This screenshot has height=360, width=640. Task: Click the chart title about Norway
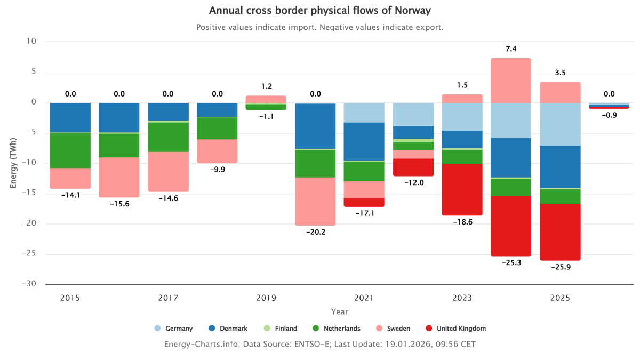(319, 11)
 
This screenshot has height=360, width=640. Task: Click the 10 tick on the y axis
(31, 41)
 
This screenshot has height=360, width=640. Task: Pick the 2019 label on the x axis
(266, 298)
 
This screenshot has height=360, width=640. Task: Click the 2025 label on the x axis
(560, 298)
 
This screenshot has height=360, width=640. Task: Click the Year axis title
(339, 311)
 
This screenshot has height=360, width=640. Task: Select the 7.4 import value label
(511, 49)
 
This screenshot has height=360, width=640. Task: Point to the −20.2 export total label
(315, 231)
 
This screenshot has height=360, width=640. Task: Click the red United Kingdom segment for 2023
(462, 189)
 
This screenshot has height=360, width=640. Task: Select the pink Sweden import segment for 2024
(511, 80)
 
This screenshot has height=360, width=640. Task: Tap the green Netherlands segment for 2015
(70, 150)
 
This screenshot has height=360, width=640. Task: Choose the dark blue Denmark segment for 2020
(315, 126)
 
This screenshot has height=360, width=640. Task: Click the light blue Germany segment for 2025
(560, 124)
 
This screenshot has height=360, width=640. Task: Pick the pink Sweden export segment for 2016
(119, 177)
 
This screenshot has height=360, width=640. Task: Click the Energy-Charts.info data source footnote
(319, 345)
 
